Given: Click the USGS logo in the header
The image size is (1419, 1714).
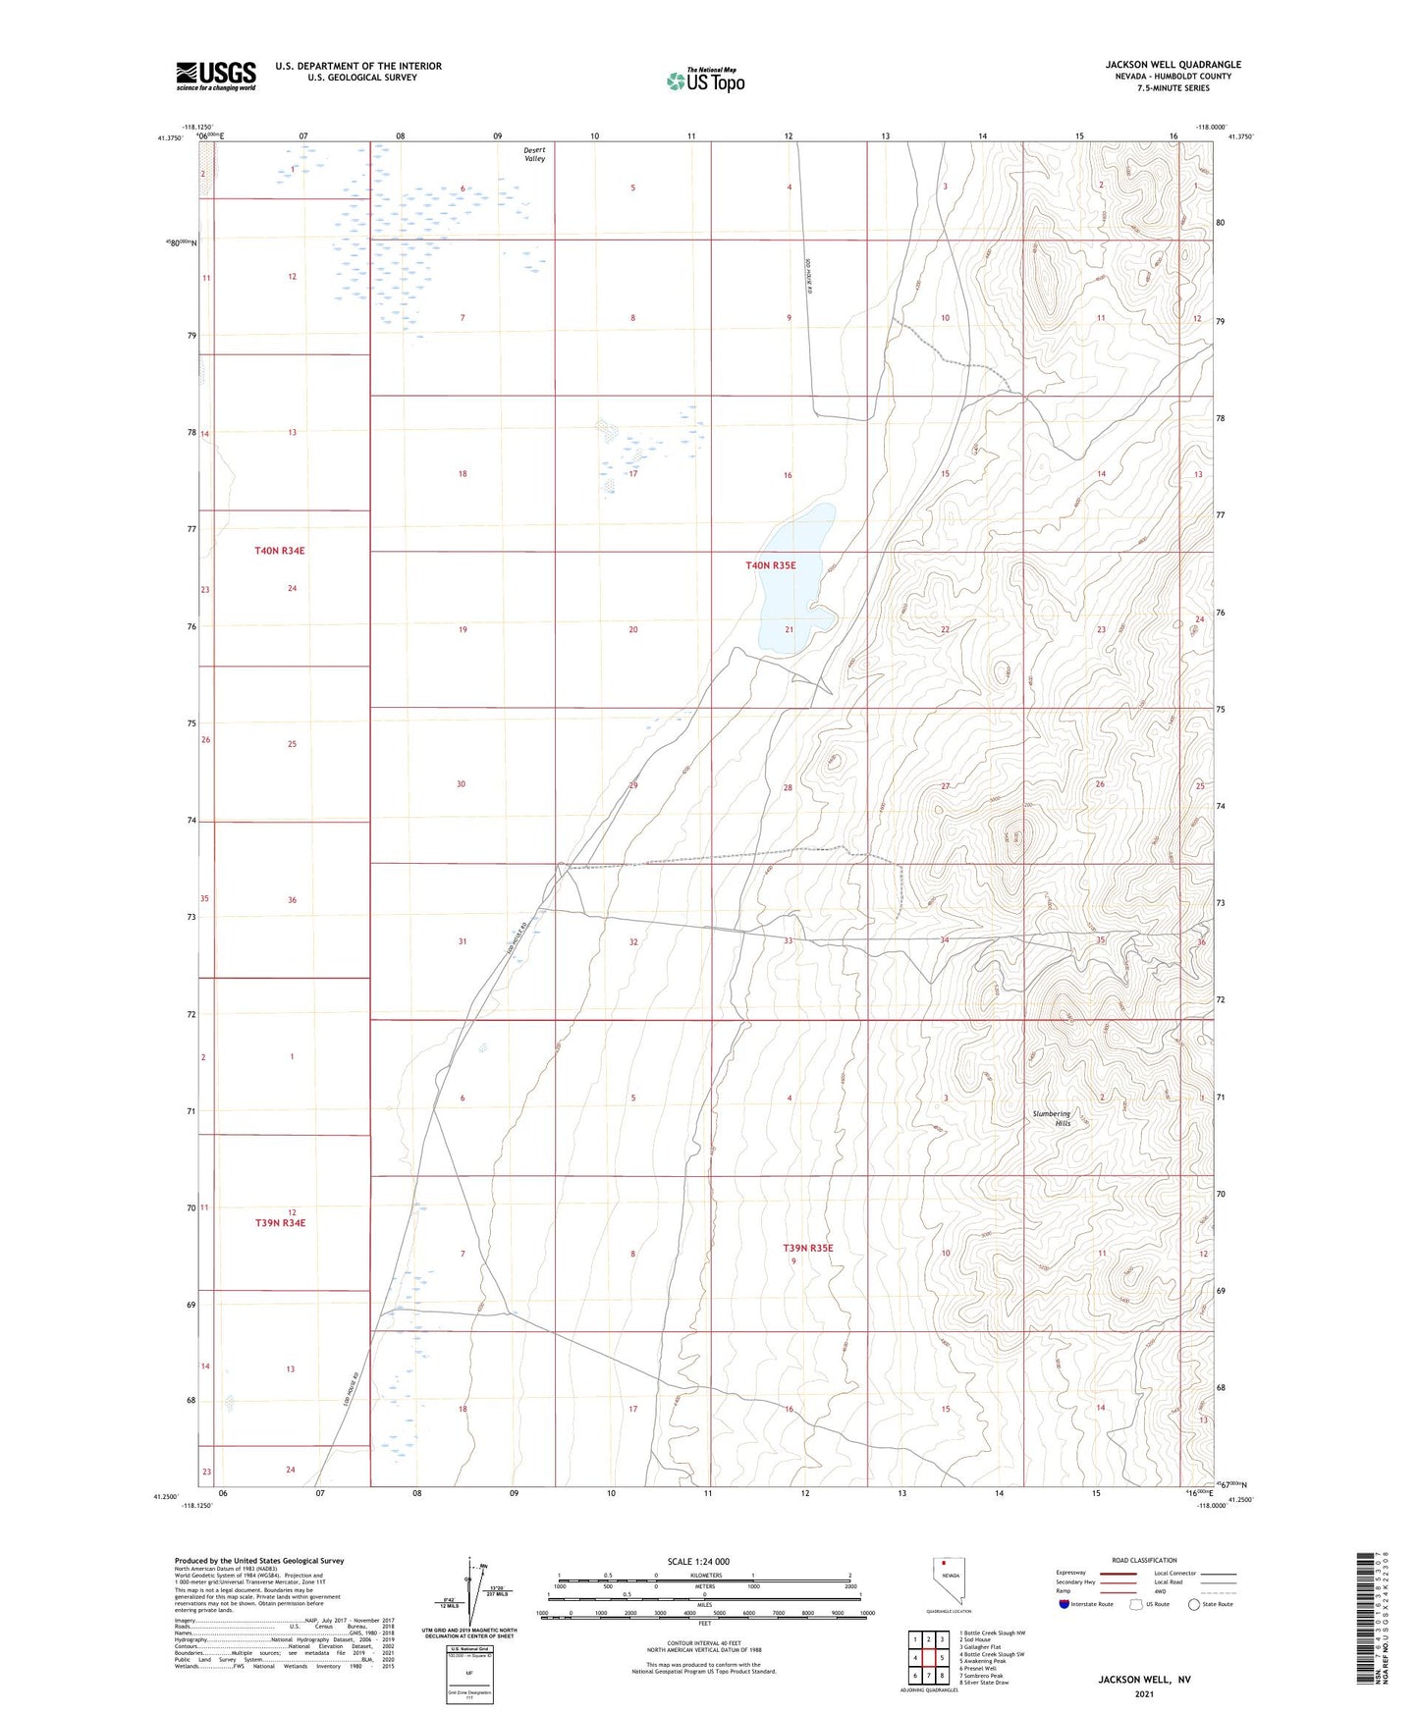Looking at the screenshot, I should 216,76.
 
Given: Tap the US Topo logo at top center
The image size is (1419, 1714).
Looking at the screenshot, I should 705,80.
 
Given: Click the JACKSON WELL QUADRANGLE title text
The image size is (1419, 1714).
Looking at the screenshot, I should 1173,65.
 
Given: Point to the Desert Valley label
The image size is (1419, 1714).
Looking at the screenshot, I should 534,154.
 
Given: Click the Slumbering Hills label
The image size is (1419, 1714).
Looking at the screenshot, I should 1051,1118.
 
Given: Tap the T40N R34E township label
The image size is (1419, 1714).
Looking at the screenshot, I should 280,551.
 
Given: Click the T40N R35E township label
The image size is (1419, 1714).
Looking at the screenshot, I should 770,565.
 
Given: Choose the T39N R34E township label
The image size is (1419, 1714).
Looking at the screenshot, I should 280,1223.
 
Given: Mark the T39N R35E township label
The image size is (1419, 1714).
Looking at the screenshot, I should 807,1248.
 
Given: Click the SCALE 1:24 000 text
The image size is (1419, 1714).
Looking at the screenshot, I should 698,1561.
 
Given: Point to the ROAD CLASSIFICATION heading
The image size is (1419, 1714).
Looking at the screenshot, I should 1144,1560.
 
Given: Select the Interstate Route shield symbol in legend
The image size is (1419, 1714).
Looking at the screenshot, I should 1065,1604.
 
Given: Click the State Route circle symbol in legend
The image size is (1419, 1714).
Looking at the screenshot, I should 1194,1604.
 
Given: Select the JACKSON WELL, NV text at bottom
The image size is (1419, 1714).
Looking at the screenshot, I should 1144,1680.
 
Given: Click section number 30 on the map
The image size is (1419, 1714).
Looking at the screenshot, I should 461,784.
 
